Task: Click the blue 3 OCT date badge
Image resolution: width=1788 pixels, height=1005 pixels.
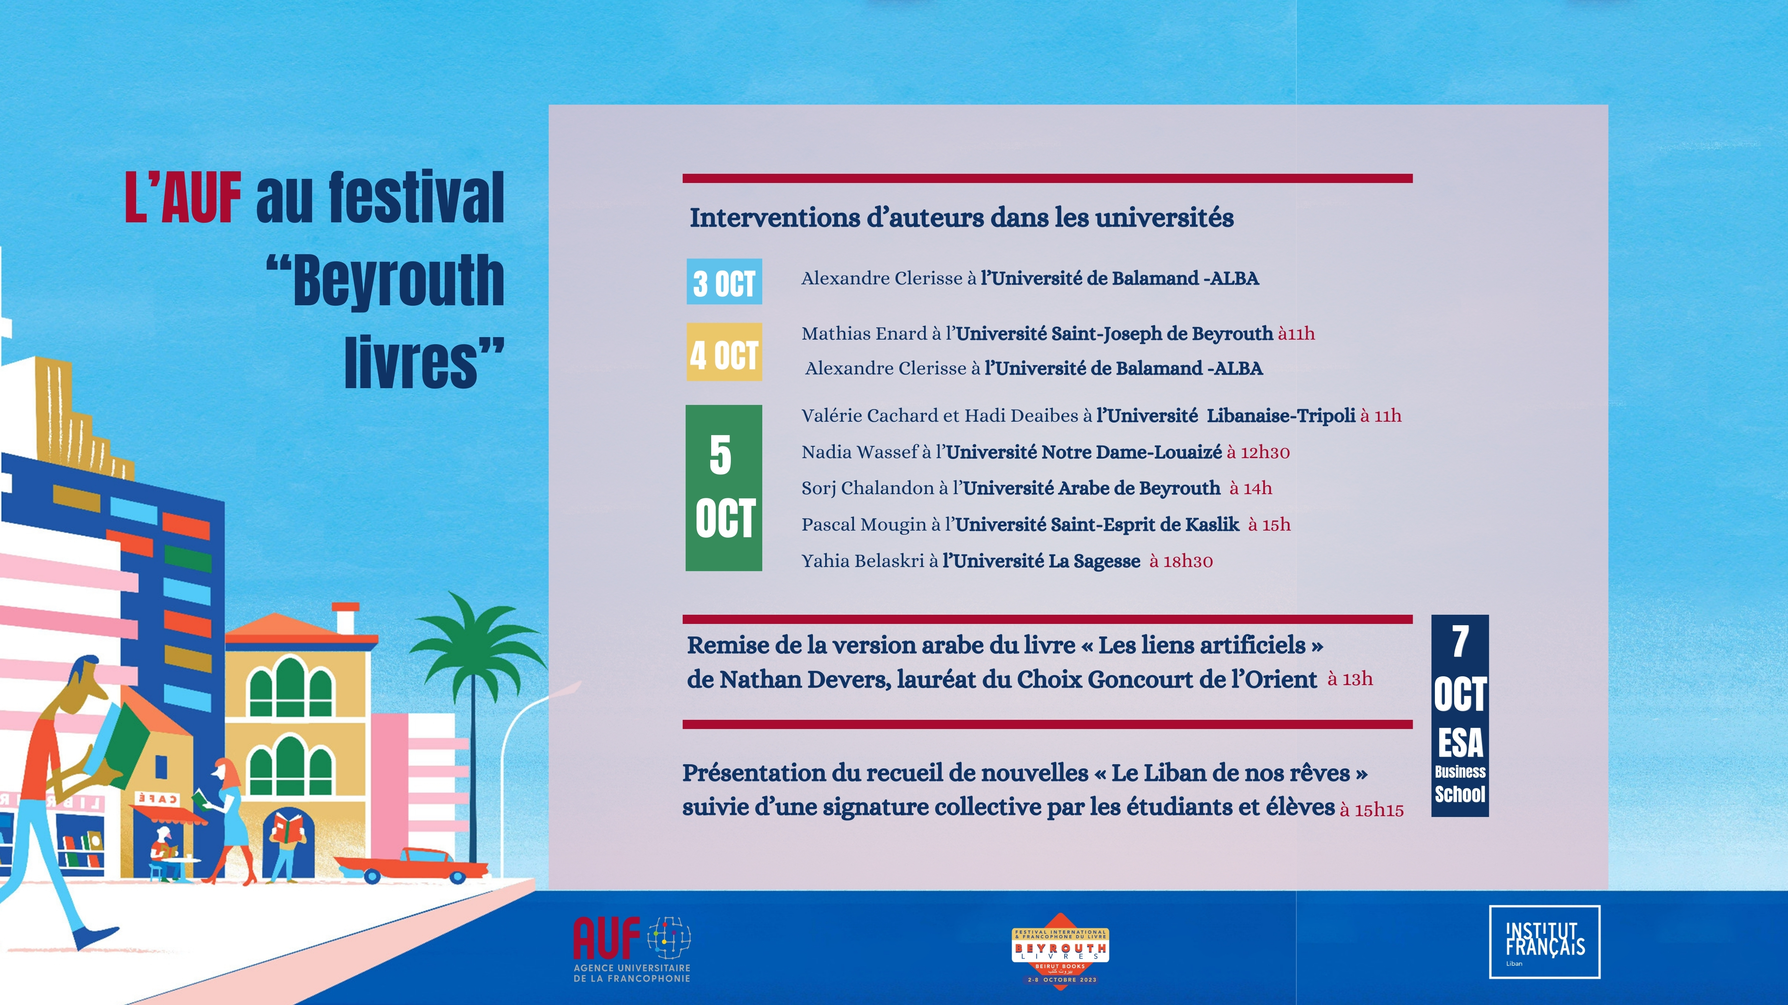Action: click(724, 282)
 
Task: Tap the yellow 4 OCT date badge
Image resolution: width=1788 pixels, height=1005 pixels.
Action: click(724, 352)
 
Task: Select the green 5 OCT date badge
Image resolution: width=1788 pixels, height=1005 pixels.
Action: click(724, 488)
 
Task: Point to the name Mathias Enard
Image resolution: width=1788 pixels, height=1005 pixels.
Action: click(864, 334)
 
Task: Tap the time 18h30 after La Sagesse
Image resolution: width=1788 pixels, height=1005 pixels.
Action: click(1188, 562)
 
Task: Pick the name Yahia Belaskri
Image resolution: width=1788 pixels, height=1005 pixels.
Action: click(863, 561)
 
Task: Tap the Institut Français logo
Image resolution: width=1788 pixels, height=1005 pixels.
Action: click(1544, 942)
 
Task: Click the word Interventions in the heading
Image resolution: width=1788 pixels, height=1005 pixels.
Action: click(774, 218)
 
